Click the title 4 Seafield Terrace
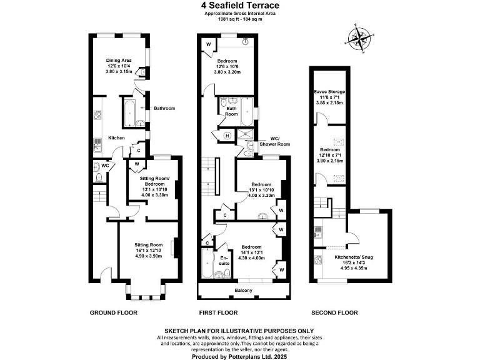tap(240, 6)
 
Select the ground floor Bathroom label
tap(164, 108)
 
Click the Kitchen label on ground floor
tap(117, 138)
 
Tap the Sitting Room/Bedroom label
tap(156, 182)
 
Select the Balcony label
tap(244, 291)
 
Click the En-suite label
tap(223, 259)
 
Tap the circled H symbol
tap(227, 136)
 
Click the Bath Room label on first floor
tap(231, 111)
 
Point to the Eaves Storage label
tap(329, 92)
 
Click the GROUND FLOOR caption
tap(114, 312)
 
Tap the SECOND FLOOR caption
tap(334, 312)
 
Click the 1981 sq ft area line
tap(240, 19)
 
